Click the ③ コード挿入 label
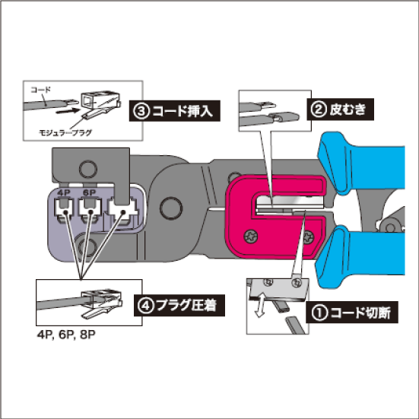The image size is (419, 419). point(174,111)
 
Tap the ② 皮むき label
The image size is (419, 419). point(340,110)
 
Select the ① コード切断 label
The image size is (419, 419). point(352,313)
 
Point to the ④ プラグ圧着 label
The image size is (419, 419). point(179,306)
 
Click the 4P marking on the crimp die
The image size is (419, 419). point(63,192)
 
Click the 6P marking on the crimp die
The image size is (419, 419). point(89,192)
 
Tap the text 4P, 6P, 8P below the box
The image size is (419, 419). point(66,335)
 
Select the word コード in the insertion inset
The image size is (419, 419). point(40,90)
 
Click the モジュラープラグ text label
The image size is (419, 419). point(65,132)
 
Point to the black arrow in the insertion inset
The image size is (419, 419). point(68,111)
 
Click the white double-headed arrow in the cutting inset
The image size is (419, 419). point(260,305)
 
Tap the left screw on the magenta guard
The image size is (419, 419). point(251,236)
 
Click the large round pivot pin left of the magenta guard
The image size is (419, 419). point(171,208)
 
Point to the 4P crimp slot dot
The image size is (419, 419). point(65,212)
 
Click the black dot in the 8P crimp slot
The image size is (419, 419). point(123,212)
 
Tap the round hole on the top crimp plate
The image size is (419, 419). point(88,170)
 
